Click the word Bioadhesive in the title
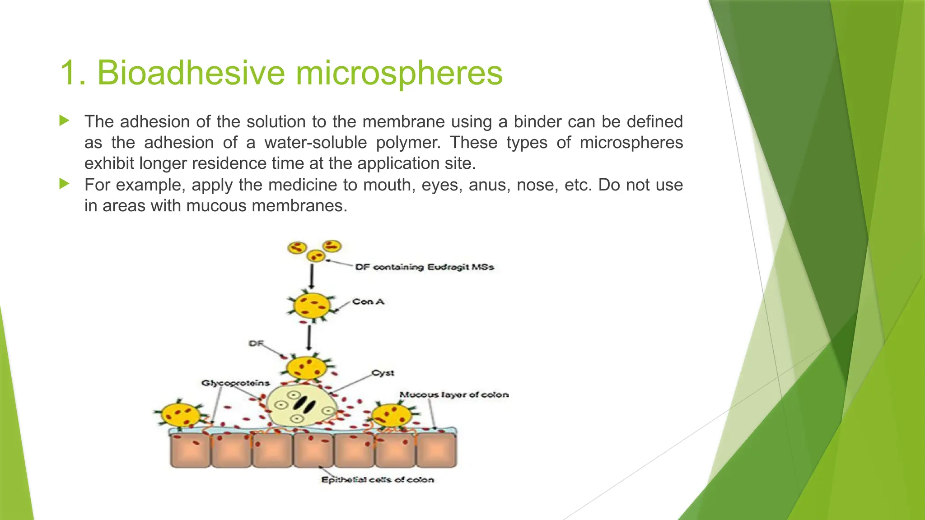pos(190,73)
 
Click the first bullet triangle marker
pos(64,121)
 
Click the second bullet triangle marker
pos(64,184)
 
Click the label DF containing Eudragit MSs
pos(424,267)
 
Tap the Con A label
pos(368,302)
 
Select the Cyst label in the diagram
pos(383,373)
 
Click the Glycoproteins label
pos(235,383)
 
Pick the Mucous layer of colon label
pos(454,395)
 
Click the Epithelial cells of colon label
pos(378,480)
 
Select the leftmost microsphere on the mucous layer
pos(181,414)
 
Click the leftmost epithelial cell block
pos(190,450)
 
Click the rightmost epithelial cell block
pos(436,450)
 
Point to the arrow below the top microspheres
pos(312,276)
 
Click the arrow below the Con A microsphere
pos(309,338)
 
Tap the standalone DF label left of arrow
pos(256,344)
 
